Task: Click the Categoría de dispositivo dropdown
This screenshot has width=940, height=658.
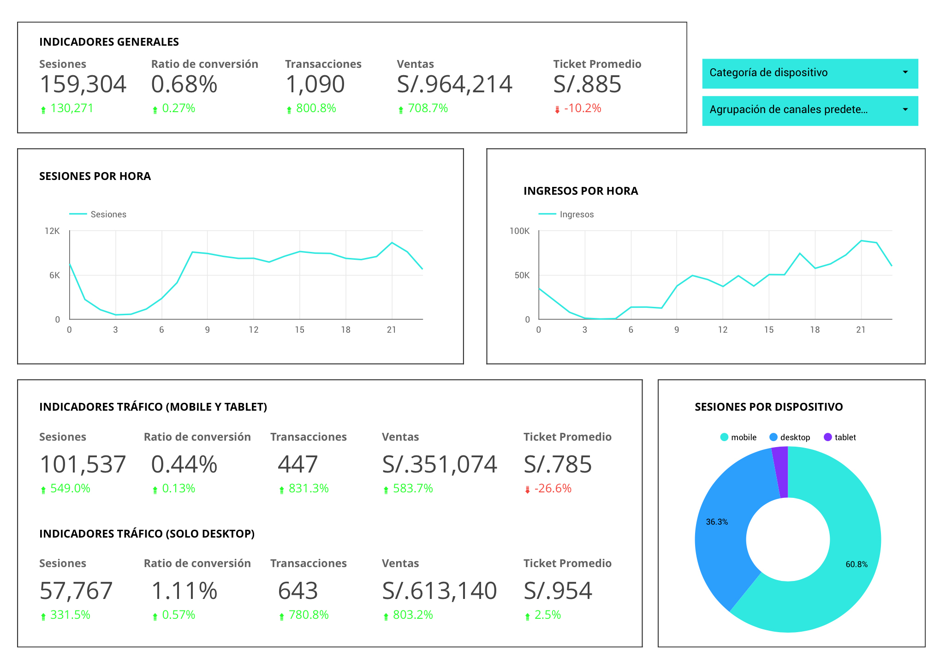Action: click(x=809, y=73)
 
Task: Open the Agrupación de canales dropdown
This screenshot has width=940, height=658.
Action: click(x=809, y=110)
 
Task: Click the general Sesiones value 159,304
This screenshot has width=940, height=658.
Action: click(x=83, y=84)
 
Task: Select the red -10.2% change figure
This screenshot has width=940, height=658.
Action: click(x=582, y=108)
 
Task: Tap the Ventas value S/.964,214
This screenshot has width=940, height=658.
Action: click(x=454, y=84)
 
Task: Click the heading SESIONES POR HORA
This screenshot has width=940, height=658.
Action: click(x=95, y=176)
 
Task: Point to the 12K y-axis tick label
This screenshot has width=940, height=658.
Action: click(x=52, y=231)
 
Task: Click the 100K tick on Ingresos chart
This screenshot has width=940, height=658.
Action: click(x=519, y=231)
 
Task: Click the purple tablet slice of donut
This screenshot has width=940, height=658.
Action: click(x=781, y=472)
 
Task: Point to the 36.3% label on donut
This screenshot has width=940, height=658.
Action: click(x=717, y=522)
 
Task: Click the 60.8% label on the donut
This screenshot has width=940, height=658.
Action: click(x=856, y=564)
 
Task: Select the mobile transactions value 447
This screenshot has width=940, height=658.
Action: click(x=297, y=464)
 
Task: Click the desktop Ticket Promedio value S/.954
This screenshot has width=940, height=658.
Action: click(x=558, y=591)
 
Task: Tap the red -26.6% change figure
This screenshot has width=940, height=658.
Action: click(x=553, y=489)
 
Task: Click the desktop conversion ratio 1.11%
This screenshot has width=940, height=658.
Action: click(x=184, y=591)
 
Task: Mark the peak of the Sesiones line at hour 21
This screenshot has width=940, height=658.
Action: click(x=392, y=243)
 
